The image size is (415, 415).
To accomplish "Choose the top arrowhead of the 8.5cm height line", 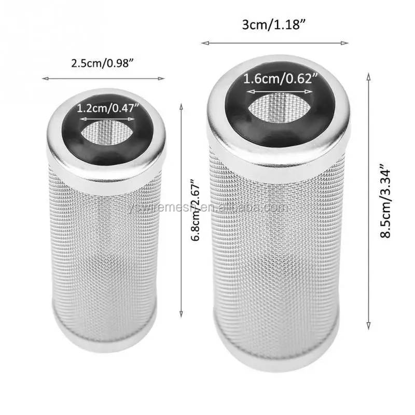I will pos(369,76).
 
